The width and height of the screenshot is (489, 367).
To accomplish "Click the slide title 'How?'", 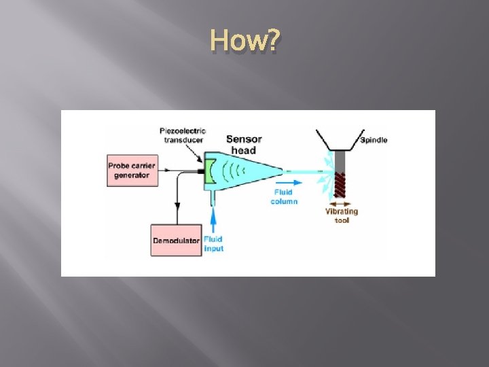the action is [x=245, y=40].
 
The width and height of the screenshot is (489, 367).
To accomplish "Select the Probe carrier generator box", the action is [x=132, y=171].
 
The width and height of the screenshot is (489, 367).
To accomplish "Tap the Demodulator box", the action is [x=176, y=241].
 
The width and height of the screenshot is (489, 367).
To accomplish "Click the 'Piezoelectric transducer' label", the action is [x=183, y=135].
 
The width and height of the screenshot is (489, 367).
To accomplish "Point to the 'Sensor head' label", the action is [x=244, y=145].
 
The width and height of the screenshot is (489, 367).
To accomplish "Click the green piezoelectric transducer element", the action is [x=210, y=171].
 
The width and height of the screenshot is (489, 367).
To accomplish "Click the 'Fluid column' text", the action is [x=284, y=197].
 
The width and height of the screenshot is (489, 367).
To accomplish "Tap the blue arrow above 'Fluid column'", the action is [x=289, y=183].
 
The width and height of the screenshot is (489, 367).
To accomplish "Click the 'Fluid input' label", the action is [x=214, y=244].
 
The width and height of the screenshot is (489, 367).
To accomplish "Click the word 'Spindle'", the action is [x=374, y=140].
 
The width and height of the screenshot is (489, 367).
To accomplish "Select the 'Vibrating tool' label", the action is [x=342, y=215].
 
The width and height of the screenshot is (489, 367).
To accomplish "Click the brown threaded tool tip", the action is [x=340, y=185].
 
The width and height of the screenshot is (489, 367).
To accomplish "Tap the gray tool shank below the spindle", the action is [x=340, y=161].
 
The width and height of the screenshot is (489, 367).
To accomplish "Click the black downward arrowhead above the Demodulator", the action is [x=177, y=206].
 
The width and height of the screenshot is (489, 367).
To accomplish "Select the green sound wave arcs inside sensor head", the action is [x=234, y=171].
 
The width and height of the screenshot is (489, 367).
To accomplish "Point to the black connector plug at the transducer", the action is [x=201, y=171].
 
